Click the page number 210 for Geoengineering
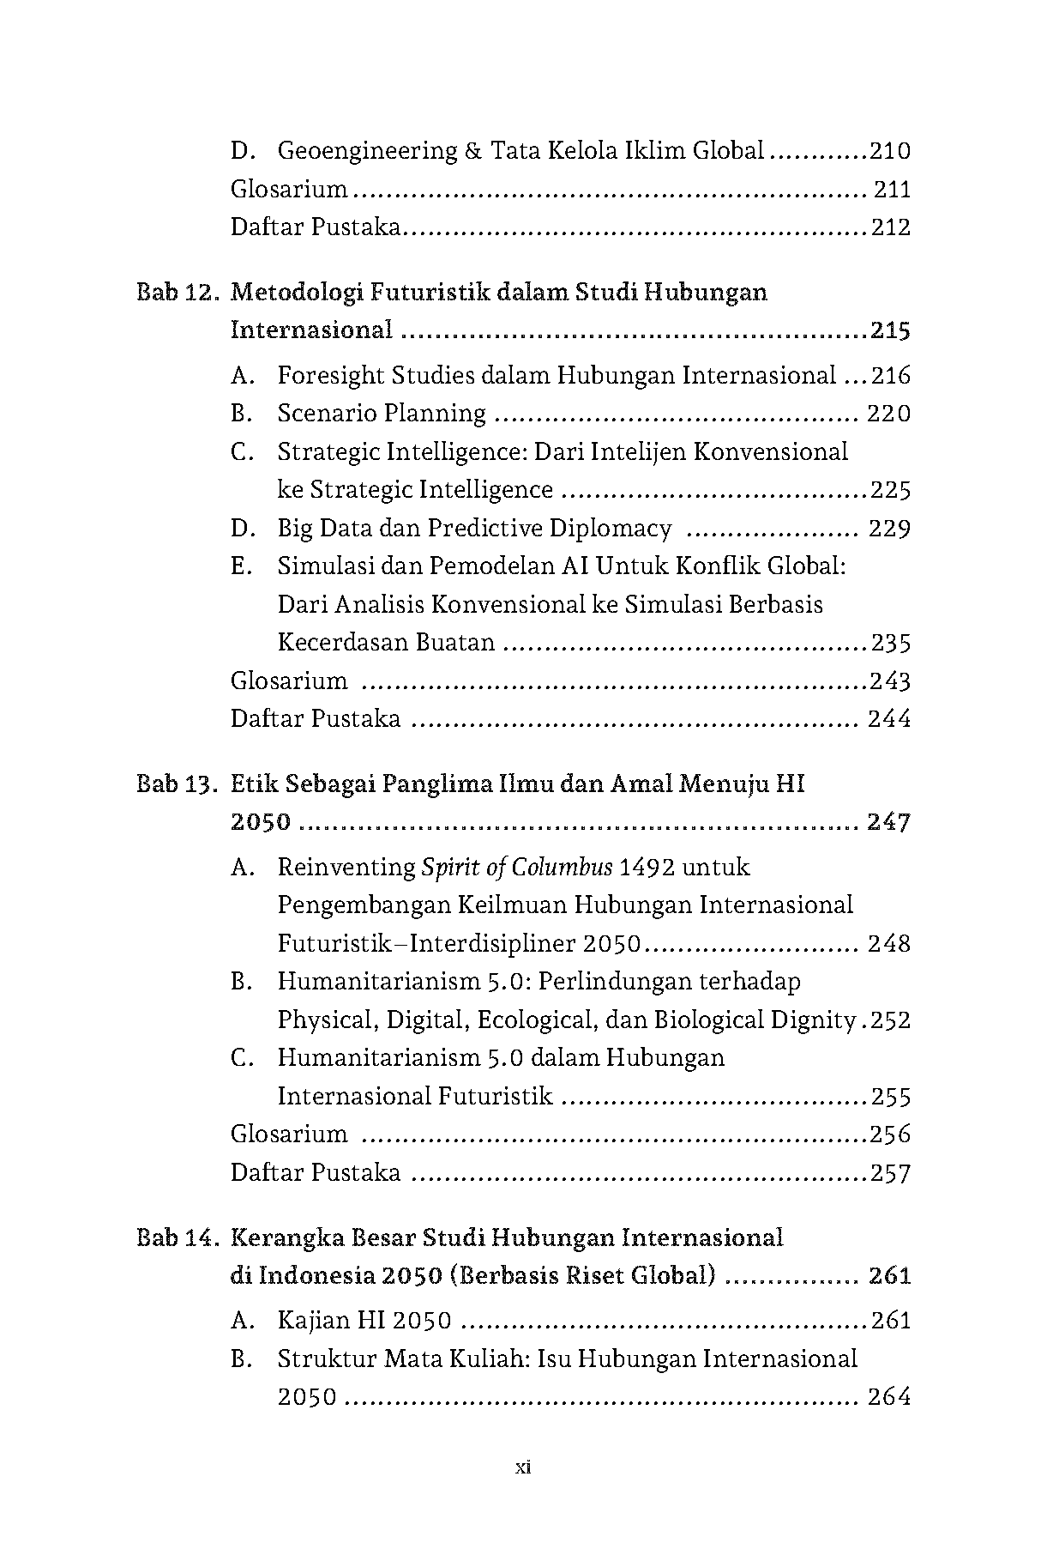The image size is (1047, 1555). click(889, 152)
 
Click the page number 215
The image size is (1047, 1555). click(889, 330)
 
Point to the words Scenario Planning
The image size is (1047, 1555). click(382, 414)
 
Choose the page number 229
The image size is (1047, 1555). click(889, 528)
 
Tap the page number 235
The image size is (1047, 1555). click(890, 643)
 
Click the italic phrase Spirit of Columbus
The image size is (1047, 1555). click(517, 868)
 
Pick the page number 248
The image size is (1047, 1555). click(889, 944)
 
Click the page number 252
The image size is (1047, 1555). click(890, 1020)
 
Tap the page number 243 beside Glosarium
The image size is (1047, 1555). click(889, 681)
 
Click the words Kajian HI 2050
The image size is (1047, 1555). click(364, 1321)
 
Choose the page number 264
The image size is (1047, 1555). click(889, 1397)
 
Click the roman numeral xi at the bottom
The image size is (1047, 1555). click(523, 1467)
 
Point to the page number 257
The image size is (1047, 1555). click(890, 1173)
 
